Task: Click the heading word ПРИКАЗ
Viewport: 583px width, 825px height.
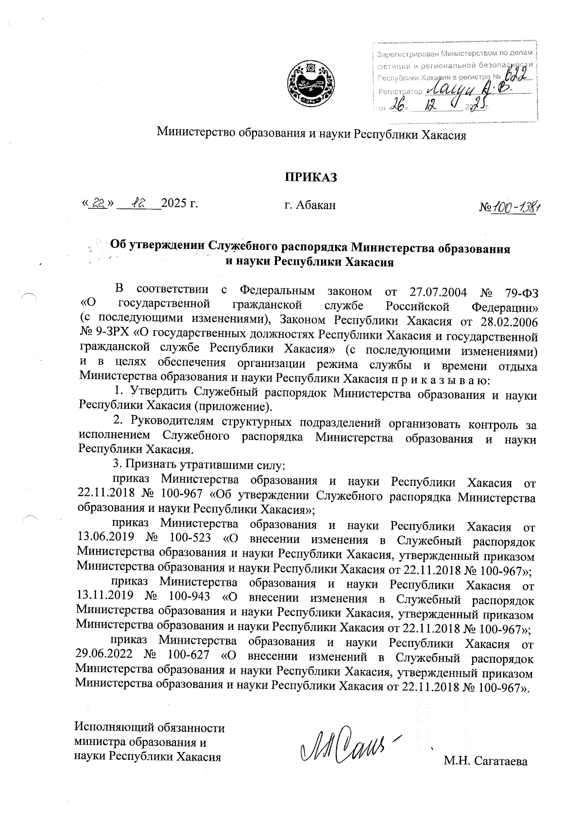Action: pos(311,177)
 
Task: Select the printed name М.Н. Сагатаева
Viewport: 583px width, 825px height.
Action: pos(485,761)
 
